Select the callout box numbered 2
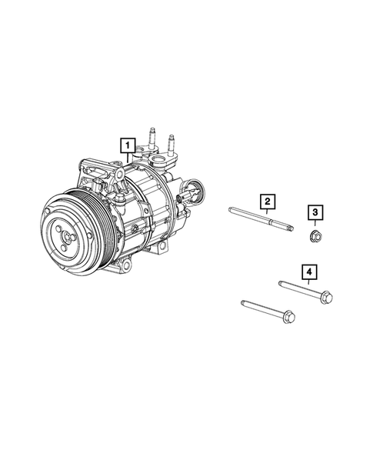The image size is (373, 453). click(x=267, y=202)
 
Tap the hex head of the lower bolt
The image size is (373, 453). click(x=289, y=315)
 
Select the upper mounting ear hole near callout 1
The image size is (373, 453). click(x=122, y=176)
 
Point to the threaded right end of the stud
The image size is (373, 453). click(x=288, y=227)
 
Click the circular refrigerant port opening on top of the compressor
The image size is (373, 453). click(x=162, y=162)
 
